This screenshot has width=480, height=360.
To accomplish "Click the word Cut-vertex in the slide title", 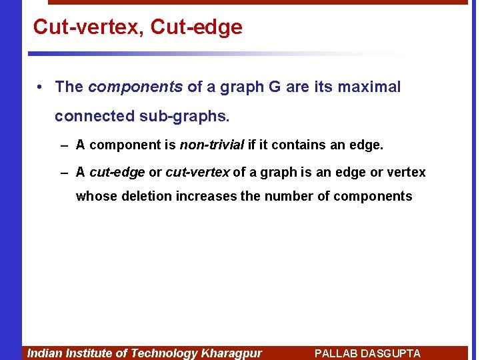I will pyautogui.click(x=87, y=27).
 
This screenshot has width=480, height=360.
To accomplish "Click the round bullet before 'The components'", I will pyautogui.click(x=41, y=87).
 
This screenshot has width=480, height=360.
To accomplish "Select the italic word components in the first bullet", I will pyautogui.click(x=135, y=87).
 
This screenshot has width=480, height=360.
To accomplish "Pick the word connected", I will pyautogui.click(x=95, y=116).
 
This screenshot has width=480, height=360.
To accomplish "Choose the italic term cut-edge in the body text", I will pyautogui.click(x=117, y=173).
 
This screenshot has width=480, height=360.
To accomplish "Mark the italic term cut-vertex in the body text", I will pyautogui.click(x=197, y=173).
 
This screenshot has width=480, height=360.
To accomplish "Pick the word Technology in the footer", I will pyautogui.click(x=164, y=353).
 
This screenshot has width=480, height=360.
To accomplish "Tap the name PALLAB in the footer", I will pyautogui.click(x=336, y=353).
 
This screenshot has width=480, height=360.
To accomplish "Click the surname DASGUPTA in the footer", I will pyautogui.click(x=391, y=353).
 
